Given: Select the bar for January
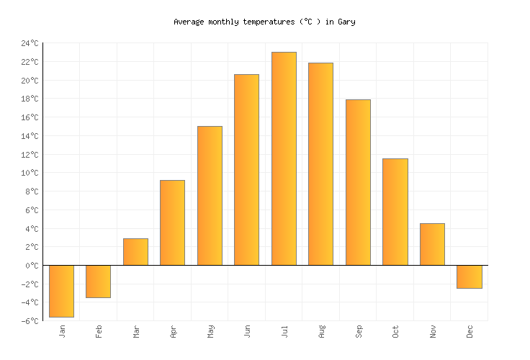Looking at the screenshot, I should pyautogui.click(x=61, y=291).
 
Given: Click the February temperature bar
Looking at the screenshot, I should pyautogui.click(x=98, y=282).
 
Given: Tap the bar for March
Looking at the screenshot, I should pyautogui.click(x=135, y=252).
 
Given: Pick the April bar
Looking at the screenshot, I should pyautogui.click(x=172, y=222).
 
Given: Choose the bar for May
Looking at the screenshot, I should pyautogui.click(x=210, y=196).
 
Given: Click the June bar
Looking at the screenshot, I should pyautogui.click(x=246, y=170).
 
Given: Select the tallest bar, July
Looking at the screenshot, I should pyautogui.click(x=284, y=158).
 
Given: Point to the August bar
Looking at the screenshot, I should pyautogui.click(x=320, y=164).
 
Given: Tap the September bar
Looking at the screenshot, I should pyautogui.click(x=358, y=182).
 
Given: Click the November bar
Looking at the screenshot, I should pyautogui.click(x=432, y=244).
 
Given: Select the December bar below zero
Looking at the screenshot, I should pyautogui.click(x=469, y=276).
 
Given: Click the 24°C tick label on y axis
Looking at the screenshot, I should pyautogui.click(x=30, y=43).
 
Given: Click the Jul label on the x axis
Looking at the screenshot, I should pyautogui.click(x=284, y=331).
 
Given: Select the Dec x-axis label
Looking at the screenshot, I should pyautogui.click(x=470, y=331).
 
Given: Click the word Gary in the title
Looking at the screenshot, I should pyautogui.click(x=346, y=22).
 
